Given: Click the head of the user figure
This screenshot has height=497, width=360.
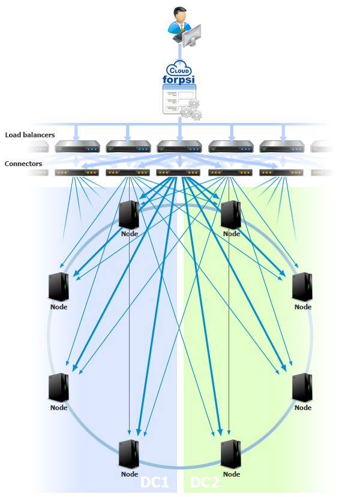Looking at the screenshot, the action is [179, 14].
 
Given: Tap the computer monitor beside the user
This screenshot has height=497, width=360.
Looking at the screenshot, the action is [192, 35].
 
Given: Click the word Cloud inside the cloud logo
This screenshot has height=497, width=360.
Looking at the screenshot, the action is [179, 70].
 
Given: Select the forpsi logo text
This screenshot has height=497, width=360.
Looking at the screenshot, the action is [179, 80].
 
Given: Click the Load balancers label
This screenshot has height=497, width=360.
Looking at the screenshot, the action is [30, 135].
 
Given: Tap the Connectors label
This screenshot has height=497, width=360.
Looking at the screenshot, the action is [23, 164].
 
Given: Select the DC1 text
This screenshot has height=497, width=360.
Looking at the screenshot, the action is [154, 483].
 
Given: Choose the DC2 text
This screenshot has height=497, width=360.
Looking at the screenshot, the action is [205, 483].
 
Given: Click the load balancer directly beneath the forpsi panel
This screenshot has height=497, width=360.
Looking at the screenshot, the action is [179, 147].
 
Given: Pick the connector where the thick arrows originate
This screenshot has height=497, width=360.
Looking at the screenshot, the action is [178, 173].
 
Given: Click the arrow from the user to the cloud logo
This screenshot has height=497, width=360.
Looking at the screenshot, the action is [180, 53].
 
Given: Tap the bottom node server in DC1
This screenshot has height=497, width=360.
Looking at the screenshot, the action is [129, 454].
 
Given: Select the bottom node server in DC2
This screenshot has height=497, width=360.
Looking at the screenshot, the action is [231, 454].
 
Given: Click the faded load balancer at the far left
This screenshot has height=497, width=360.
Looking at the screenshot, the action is [38, 147].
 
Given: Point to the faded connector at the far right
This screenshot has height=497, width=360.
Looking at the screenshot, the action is [322, 173].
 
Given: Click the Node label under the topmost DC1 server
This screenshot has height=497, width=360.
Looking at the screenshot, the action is [130, 234].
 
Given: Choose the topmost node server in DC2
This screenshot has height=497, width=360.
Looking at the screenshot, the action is [231, 215].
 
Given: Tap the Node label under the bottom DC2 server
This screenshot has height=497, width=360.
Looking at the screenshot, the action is [232, 474].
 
